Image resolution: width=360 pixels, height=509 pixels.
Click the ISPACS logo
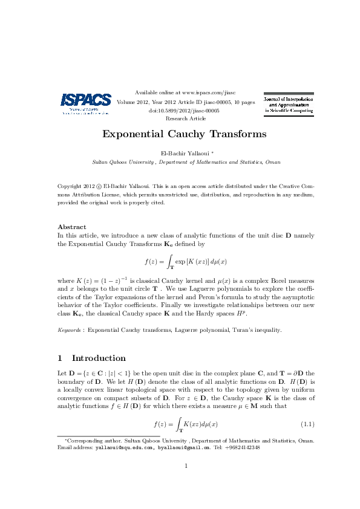click(x=85, y=103)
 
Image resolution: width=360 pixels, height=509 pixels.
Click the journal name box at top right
click(x=288, y=105)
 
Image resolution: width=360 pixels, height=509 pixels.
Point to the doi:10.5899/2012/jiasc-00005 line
click(x=183, y=111)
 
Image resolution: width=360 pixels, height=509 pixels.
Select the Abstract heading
click(x=71, y=227)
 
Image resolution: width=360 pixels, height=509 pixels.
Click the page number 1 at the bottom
click(x=186, y=482)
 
